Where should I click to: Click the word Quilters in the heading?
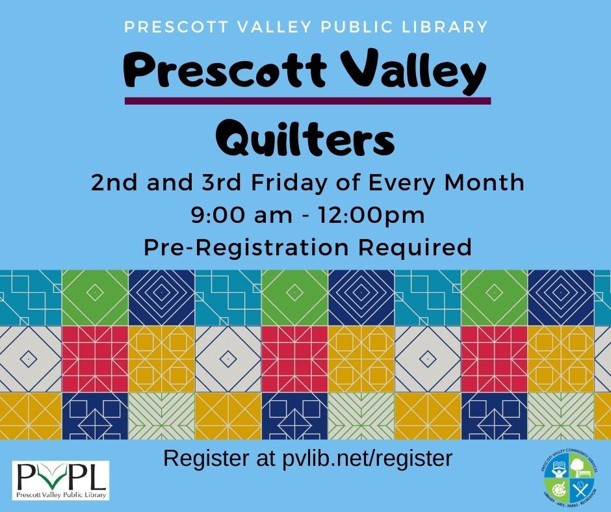304,138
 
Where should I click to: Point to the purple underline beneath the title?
307,101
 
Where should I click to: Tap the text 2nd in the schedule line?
111,183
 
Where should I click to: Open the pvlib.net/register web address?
367,459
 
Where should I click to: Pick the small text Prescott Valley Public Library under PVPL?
61,493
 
